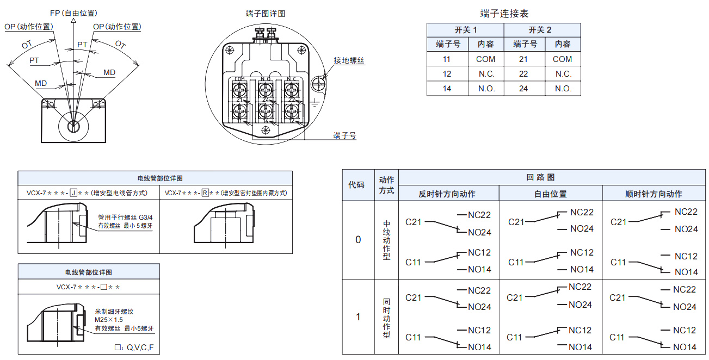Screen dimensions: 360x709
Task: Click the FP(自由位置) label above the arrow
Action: (73, 13)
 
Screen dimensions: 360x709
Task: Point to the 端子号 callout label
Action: (345, 135)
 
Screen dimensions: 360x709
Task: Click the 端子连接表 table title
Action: (504, 14)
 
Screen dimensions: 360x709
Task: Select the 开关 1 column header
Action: (465, 30)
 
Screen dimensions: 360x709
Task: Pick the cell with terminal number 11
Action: (447, 59)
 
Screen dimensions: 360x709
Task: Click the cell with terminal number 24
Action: (523, 88)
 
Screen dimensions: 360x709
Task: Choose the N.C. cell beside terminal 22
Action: (563, 74)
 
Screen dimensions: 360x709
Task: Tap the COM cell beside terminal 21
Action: (563, 59)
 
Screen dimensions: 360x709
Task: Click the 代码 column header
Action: (356, 185)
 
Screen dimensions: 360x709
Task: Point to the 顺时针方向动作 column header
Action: (653, 194)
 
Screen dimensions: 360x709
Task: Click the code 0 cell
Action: (357, 240)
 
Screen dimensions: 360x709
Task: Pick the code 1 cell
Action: (357, 316)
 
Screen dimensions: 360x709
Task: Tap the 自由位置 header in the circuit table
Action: (550, 194)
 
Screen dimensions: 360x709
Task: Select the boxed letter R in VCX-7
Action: (205, 193)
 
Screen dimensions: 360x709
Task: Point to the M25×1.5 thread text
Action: (109, 320)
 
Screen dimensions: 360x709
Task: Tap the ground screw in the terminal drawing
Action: (319, 84)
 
